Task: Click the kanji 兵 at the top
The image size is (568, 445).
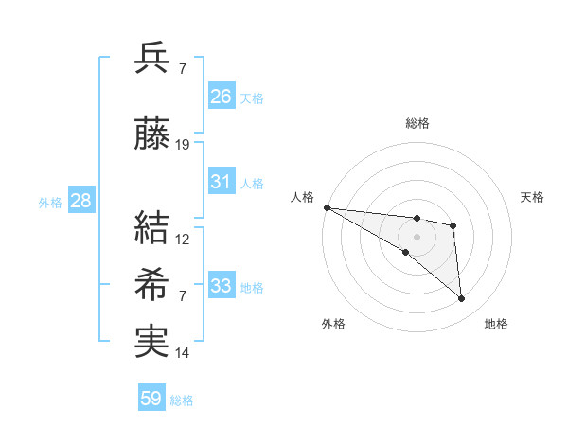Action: [151, 58]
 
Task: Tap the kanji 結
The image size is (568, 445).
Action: [151, 228]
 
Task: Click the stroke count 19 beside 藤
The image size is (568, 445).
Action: [184, 145]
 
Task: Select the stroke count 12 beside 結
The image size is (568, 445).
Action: [184, 239]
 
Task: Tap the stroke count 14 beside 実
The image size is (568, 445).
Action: [184, 353]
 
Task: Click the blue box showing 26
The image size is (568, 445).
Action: [222, 97]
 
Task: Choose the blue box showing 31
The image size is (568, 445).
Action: [222, 182]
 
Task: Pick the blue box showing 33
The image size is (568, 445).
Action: [222, 286]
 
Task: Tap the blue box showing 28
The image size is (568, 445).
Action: [80, 201]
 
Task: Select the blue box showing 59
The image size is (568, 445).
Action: [151, 399]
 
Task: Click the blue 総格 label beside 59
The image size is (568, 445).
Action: [183, 400]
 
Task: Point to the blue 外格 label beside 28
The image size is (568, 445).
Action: [50, 202]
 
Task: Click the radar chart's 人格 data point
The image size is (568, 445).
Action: [327, 207]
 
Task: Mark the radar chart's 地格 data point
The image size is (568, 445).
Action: [461, 299]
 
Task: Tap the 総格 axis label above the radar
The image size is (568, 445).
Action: [417, 123]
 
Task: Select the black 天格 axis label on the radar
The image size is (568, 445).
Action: [532, 197]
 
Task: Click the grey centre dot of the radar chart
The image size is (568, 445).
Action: [417, 236]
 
